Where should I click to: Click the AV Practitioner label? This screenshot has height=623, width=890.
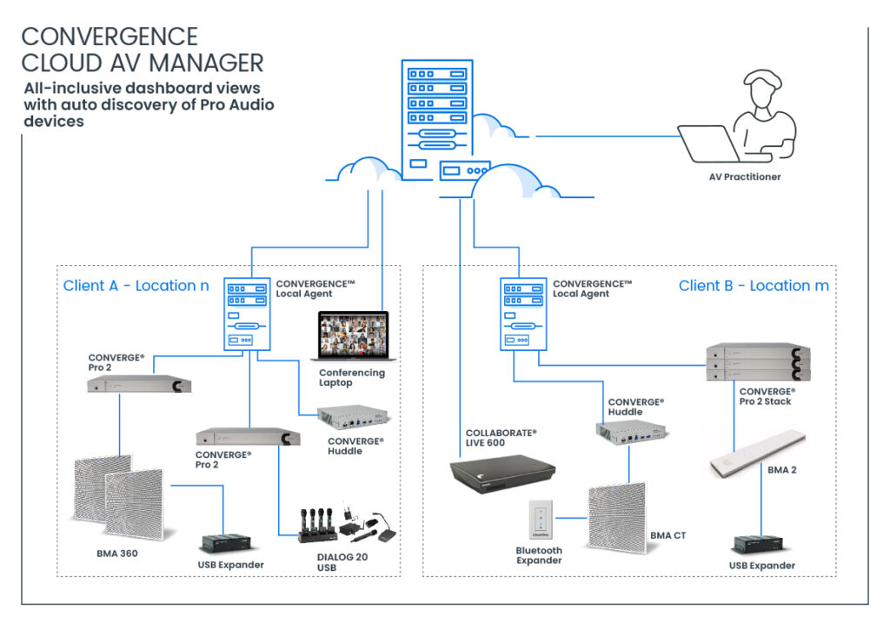click(x=745, y=177)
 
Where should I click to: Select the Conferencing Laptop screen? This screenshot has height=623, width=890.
click(x=353, y=335)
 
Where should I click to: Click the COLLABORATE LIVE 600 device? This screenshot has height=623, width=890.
click(x=502, y=474)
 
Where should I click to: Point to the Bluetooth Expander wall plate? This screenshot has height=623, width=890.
click(x=541, y=520)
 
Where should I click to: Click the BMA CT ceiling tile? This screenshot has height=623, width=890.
click(x=618, y=517)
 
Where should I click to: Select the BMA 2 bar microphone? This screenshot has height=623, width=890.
click(x=758, y=454)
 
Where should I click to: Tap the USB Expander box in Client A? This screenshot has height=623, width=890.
click(x=226, y=544)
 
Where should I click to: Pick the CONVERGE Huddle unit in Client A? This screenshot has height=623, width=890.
click(x=353, y=416)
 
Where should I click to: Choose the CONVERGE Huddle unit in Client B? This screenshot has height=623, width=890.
click(x=631, y=433)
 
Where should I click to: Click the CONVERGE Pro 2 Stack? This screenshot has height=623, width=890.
click(x=758, y=362)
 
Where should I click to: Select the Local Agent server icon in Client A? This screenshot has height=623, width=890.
click(x=247, y=314)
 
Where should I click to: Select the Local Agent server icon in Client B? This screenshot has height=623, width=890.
click(x=523, y=314)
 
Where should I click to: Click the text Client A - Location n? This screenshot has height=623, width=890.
click(x=136, y=285)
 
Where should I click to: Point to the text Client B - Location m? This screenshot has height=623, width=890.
click(x=754, y=285)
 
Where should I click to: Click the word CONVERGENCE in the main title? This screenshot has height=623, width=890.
click(x=110, y=36)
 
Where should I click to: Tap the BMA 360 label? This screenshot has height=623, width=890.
click(x=117, y=553)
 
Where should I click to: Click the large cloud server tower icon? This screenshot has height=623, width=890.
click(x=437, y=120)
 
